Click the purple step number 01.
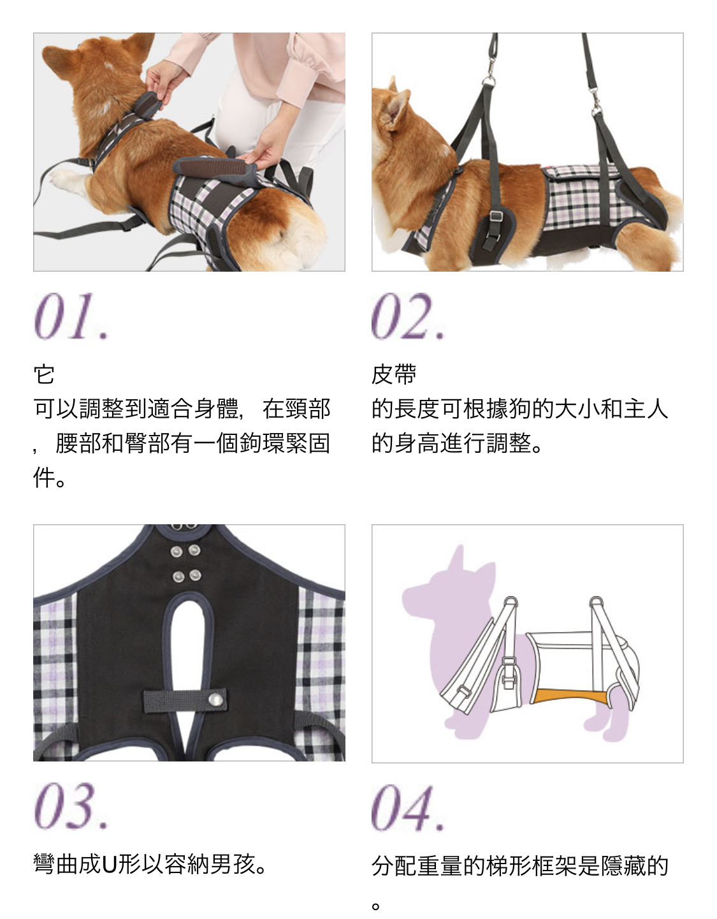coord(71,316)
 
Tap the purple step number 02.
coord(408,316)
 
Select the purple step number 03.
coord(71,806)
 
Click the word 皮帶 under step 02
coord(395,375)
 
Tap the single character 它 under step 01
coord(44,375)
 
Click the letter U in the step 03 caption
coord(109,864)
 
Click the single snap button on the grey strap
coord(216,700)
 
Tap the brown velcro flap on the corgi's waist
coord(214,168)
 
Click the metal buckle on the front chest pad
coord(497,217)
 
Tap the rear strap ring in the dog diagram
coord(596,602)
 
